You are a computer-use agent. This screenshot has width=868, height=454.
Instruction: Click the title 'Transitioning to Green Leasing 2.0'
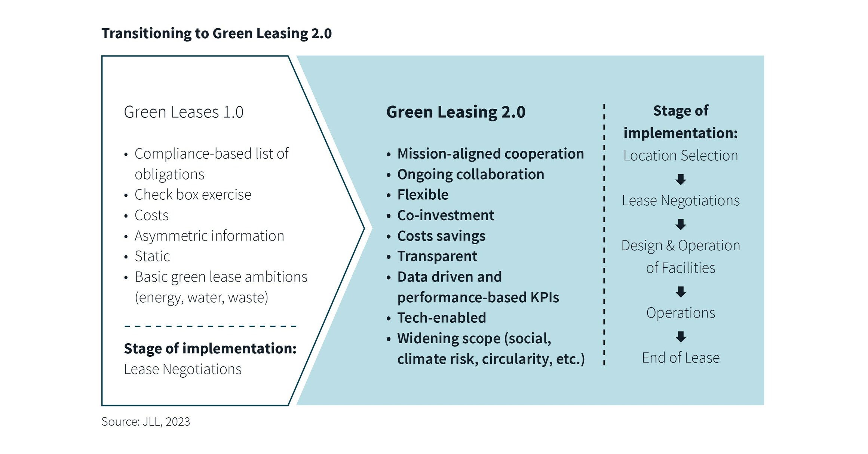[x=216, y=34]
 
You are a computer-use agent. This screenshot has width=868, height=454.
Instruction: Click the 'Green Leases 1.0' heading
[x=183, y=112]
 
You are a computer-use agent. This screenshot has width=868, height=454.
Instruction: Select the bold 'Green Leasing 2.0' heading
[x=456, y=112]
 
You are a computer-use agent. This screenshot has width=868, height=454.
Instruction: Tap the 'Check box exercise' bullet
[x=193, y=195]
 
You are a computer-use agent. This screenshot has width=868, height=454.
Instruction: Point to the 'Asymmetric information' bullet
[x=209, y=236]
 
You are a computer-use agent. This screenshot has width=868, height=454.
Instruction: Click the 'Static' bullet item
[x=152, y=257]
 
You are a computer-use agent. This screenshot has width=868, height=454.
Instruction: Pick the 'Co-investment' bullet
[x=445, y=215]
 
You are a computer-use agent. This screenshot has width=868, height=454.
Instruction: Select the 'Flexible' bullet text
[x=423, y=195]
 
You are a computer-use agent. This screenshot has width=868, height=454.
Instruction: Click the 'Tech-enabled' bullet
[x=441, y=318]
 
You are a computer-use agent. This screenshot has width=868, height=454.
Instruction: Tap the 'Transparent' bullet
[x=437, y=257]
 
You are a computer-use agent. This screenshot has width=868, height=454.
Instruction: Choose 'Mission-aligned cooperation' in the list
[x=490, y=154]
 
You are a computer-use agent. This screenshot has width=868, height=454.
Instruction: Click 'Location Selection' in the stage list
[x=680, y=156]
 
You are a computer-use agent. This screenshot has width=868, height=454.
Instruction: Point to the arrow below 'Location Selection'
[x=681, y=179]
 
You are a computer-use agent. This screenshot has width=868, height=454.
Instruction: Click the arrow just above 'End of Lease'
[x=681, y=337]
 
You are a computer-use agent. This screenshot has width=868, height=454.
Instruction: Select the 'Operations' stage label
[x=680, y=313]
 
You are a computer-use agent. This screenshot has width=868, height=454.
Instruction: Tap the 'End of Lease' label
[x=680, y=358]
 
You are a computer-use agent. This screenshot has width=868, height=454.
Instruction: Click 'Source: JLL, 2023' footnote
[x=145, y=422]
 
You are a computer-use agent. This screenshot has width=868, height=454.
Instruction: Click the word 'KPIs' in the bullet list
[x=544, y=298]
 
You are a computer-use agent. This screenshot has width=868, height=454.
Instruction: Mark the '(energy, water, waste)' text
[x=201, y=298]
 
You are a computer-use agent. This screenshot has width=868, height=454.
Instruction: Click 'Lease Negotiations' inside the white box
[x=183, y=369]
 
